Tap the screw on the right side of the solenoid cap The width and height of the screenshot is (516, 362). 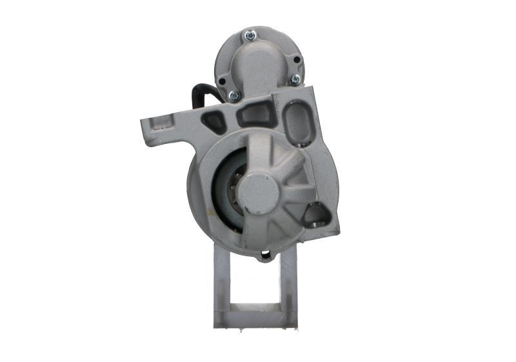294,79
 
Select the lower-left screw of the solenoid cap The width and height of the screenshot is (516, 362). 234,96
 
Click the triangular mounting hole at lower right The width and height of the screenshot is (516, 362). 315,215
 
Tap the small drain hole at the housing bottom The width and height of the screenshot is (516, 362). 264,256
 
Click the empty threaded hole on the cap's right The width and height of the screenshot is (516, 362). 296,59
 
